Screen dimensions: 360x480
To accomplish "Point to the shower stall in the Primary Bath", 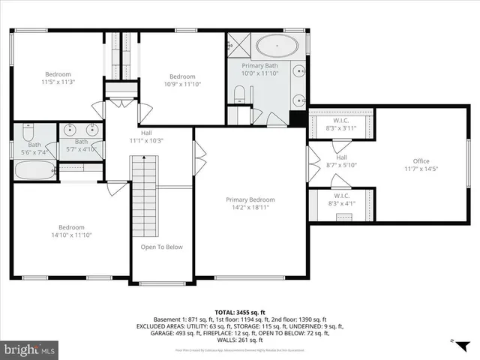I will [x=238, y=44].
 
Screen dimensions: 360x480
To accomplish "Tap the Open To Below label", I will [x=161, y=247].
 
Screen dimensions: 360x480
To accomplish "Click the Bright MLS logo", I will [x=30, y=349].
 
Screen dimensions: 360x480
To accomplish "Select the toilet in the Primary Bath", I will [x=239, y=94].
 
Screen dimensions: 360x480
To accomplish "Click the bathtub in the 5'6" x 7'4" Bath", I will [x=34, y=170].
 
